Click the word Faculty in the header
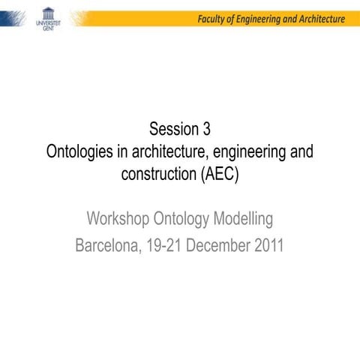(213, 19)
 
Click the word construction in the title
(158, 174)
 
